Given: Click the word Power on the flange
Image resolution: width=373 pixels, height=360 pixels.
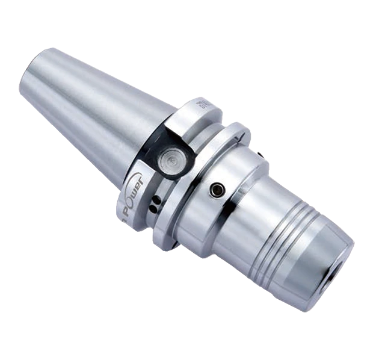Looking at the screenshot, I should click(132, 193).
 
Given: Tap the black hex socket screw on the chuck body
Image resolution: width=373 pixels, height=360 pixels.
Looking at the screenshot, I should click(215, 191).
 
